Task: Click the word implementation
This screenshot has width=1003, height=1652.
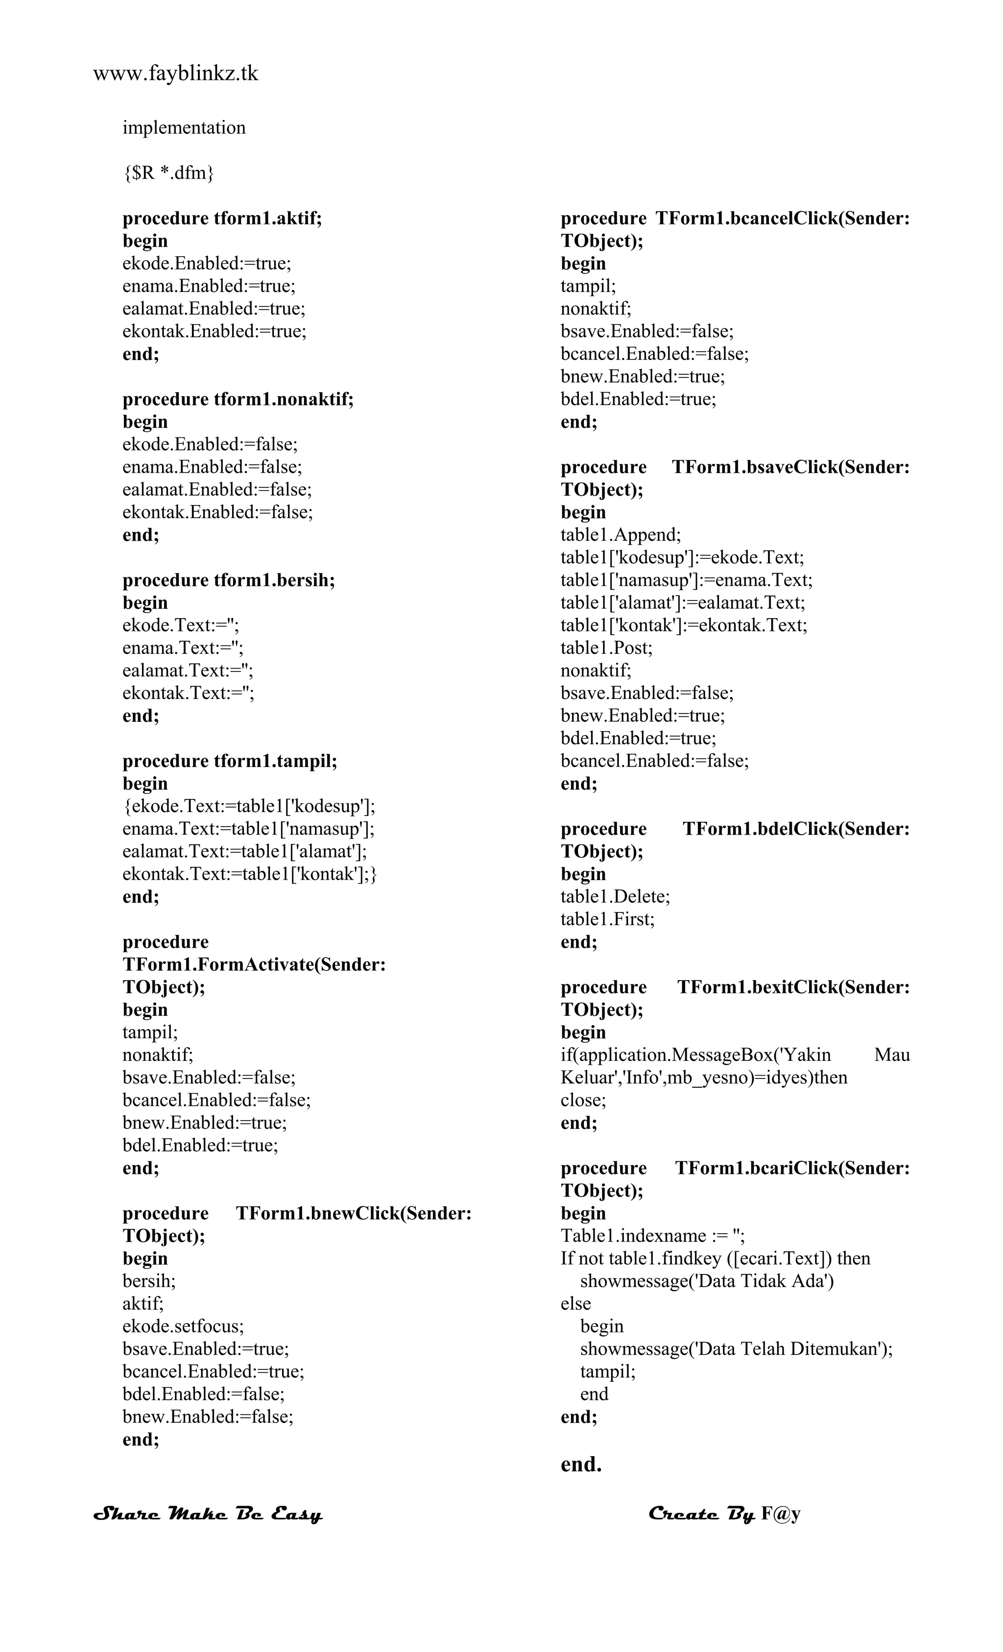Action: point(184,128)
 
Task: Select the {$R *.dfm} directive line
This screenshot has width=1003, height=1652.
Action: point(168,173)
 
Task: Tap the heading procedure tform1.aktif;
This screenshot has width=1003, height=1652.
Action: point(222,218)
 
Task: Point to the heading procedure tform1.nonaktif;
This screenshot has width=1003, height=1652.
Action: point(238,400)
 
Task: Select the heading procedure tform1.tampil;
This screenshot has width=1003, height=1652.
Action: point(229,761)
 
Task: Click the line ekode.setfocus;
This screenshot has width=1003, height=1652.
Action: point(183,1326)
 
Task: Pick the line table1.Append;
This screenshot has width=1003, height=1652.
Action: point(620,535)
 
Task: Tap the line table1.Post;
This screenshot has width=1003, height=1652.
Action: point(606,647)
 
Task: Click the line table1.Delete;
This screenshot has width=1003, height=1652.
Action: point(615,896)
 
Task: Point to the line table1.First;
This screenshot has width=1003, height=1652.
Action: point(607,919)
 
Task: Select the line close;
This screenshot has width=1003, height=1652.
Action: point(583,1100)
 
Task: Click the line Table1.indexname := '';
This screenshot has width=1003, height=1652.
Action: point(652,1236)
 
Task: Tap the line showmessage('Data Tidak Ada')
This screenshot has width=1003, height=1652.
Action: point(707,1281)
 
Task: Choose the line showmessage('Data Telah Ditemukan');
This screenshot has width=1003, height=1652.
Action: point(736,1349)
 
